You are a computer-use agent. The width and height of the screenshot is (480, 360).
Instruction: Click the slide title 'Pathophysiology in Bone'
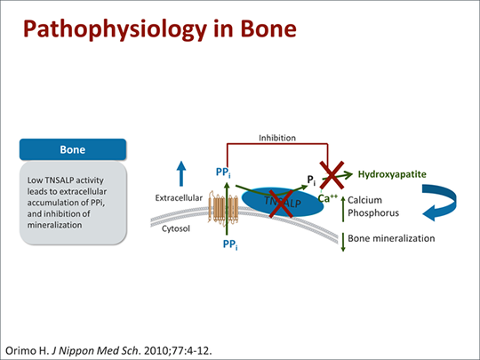[159, 31]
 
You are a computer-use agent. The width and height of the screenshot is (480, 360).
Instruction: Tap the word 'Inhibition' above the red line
[277, 138]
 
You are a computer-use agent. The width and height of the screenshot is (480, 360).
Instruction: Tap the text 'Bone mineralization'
[391, 239]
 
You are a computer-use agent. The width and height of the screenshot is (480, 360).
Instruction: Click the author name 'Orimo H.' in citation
[28, 343]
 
